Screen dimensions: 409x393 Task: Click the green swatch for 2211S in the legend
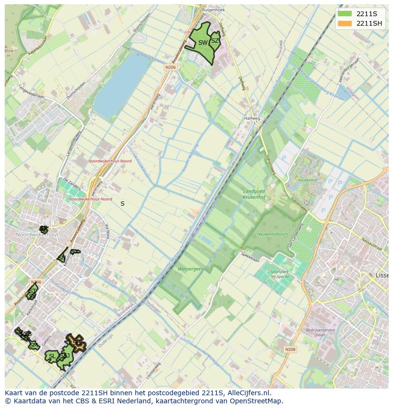(345, 14)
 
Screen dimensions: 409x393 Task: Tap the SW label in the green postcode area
(203, 43)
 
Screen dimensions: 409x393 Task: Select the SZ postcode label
(215, 41)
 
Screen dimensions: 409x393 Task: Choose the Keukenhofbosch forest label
(273, 235)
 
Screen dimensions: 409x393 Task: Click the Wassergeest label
(192, 269)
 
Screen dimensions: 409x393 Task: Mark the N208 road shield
(290, 349)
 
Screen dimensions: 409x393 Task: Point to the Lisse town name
(382, 276)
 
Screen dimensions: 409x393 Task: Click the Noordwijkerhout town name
(37, 235)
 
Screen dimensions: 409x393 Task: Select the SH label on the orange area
(76, 342)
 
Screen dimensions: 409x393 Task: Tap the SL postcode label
(52, 356)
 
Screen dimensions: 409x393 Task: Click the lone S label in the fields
(122, 203)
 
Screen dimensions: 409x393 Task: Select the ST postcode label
(32, 290)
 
